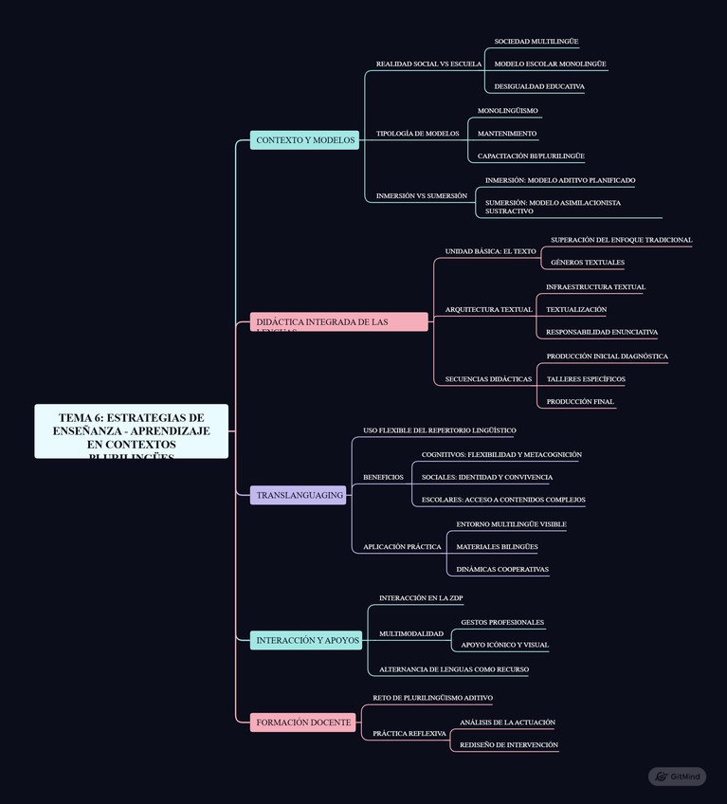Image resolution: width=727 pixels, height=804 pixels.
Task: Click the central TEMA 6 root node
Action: click(131, 431)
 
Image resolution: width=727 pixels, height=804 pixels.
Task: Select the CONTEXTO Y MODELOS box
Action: click(304, 140)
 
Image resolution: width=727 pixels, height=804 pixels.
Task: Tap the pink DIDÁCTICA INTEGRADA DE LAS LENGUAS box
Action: click(338, 322)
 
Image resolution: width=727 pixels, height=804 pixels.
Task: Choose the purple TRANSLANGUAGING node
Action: click(299, 495)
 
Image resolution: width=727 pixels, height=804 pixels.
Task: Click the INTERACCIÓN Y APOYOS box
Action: click(307, 641)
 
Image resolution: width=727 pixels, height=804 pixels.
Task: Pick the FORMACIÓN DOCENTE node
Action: click(303, 722)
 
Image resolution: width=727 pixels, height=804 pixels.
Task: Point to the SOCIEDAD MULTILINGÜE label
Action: click(536, 42)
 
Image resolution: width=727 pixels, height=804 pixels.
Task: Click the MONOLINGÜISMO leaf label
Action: click(507, 111)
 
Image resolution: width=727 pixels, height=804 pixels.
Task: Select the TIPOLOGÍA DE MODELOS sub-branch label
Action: click(417, 134)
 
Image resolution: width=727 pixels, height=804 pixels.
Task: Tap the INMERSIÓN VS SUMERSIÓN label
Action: click(421, 196)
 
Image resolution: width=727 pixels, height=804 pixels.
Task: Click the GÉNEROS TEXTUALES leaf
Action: click(587, 263)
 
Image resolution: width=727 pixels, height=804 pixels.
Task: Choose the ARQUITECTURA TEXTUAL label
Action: click(488, 310)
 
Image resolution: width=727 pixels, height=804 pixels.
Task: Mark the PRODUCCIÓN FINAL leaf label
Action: click(580, 402)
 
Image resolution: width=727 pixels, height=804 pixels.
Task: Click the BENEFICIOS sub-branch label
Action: click(383, 477)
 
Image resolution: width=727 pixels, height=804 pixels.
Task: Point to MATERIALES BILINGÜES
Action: click(497, 547)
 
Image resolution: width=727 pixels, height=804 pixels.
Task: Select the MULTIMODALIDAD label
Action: click(410, 633)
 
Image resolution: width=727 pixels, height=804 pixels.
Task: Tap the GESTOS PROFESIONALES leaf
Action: click(502, 623)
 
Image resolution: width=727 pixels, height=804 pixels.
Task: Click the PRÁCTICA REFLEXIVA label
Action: click(409, 734)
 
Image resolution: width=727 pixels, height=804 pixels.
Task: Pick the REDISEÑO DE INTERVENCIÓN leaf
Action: click(509, 745)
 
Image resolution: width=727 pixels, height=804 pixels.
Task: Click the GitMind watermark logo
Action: click(678, 777)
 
